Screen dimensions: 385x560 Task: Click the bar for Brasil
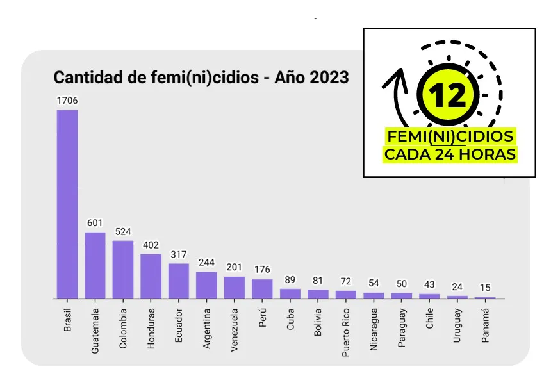(x=67, y=204)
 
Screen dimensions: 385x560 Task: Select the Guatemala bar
(x=95, y=265)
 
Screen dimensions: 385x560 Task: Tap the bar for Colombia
(x=123, y=269)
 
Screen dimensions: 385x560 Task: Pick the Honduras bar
(x=151, y=276)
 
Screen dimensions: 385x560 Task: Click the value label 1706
(x=67, y=101)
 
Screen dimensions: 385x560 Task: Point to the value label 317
(x=179, y=254)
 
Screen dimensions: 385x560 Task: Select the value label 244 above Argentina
(x=206, y=263)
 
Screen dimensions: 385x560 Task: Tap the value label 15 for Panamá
(x=486, y=288)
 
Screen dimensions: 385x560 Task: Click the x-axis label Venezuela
(x=235, y=331)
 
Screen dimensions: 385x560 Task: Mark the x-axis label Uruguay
(x=457, y=326)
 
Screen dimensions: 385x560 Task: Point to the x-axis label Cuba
(x=290, y=321)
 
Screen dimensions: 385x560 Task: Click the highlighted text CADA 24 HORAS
(x=449, y=154)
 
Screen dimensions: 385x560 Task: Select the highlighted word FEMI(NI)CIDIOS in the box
(x=449, y=136)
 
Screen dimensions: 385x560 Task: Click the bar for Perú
(x=262, y=289)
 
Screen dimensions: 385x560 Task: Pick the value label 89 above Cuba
(x=290, y=279)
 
